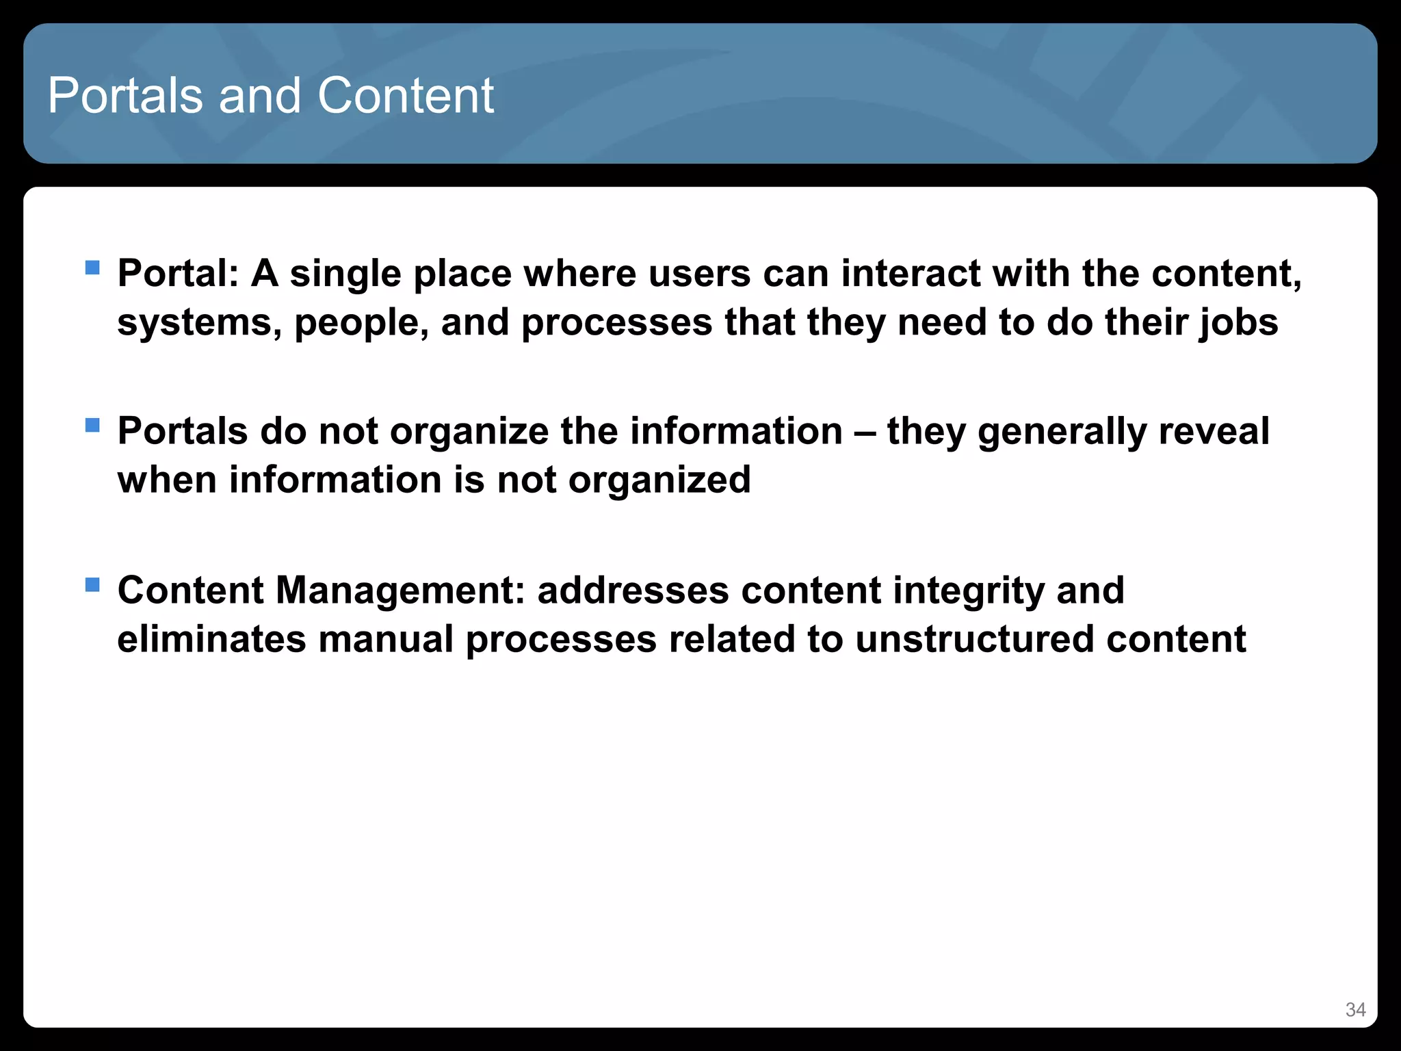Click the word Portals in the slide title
pyautogui.click(x=125, y=95)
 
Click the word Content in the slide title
pyautogui.click(x=405, y=95)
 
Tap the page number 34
pyautogui.click(x=1355, y=1010)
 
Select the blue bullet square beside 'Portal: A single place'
pyautogui.click(x=92, y=267)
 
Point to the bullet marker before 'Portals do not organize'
pyautogui.click(x=92, y=426)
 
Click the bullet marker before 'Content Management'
pyautogui.click(x=92, y=584)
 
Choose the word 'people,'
pyautogui.click(x=361, y=323)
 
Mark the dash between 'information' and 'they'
pyautogui.click(x=865, y=432)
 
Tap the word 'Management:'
pyautogui.click(x=400, y=591)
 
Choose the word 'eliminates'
pyautogui.click(x=211, y=639)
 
